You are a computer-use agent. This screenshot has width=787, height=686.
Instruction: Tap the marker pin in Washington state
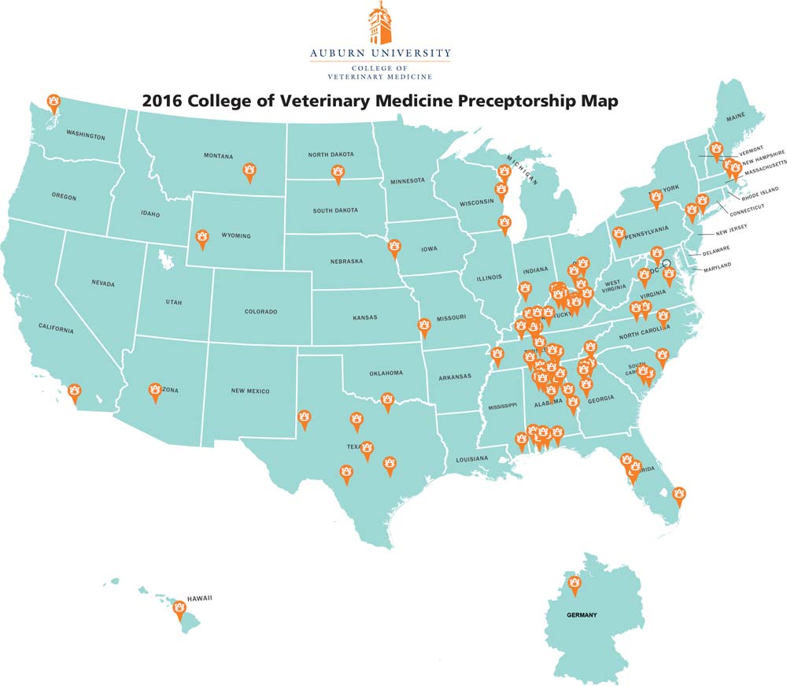[x=54, y=102]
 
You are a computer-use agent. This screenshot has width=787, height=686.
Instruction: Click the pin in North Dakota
[x=338, y=172]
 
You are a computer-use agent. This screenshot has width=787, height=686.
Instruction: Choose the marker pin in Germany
[x=575, y=584]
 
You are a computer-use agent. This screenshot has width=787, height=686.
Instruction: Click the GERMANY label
[x=582, y=615]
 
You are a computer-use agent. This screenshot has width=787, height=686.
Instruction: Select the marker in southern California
[x=75, y=391]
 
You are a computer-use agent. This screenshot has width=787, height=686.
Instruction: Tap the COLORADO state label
[x=260, y=312]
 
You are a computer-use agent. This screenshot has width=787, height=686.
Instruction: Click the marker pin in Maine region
[x=716, y=149]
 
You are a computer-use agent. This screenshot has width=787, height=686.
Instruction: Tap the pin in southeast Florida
[x=679, y=496]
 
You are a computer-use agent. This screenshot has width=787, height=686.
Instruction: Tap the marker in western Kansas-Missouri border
[x=424, y=326]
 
